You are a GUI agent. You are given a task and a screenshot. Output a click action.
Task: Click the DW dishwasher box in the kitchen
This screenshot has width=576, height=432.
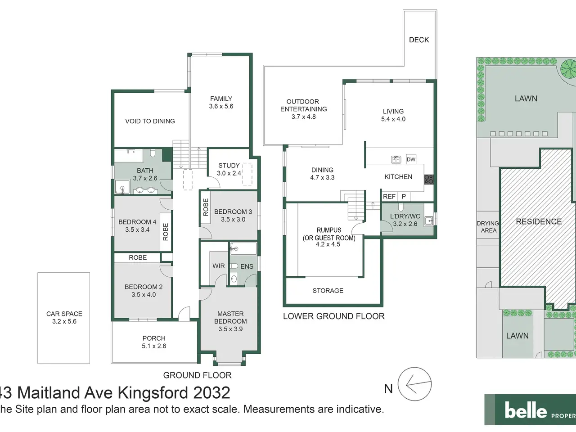(411, 159)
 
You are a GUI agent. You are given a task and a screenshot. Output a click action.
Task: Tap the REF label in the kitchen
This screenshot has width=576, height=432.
(389, 197)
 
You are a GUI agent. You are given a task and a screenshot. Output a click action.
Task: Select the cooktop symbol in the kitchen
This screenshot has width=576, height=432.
(429, 180)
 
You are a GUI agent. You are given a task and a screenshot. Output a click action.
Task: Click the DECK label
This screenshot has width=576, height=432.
(419, 40)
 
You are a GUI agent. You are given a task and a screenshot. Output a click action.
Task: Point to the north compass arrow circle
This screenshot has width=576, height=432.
(414, 384)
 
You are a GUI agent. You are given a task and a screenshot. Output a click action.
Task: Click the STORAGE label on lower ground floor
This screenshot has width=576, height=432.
(328, 290)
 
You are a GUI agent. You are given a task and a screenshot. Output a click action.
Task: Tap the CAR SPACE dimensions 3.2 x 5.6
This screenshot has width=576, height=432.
(64, 321)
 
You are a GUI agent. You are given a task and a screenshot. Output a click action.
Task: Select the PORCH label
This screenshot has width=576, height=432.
(154, 338)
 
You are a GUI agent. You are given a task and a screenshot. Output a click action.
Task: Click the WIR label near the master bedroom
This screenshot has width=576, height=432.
(219, 266)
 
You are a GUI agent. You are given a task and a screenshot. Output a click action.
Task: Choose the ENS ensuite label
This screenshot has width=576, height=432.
(247, 266)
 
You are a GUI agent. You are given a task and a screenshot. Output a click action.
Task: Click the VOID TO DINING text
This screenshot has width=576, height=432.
(150, 121)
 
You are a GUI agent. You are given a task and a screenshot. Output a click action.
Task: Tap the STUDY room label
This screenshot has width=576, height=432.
(229, 166)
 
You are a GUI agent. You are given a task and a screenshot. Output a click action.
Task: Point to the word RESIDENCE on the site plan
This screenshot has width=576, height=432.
(539, 221)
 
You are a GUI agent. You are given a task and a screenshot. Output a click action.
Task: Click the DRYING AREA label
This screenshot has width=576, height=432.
(488, 227)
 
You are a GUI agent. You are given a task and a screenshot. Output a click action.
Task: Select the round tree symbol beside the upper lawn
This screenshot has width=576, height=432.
(568, 69)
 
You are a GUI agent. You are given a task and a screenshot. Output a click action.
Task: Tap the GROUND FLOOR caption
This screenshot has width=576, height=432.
(198, 375)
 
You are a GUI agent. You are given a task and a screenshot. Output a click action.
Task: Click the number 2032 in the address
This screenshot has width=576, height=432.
(211, 393)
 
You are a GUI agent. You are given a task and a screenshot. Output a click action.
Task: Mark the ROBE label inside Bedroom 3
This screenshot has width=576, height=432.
(206, 207)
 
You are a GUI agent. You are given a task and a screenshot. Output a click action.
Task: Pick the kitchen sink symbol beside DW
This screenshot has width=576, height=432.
(396, 159)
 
